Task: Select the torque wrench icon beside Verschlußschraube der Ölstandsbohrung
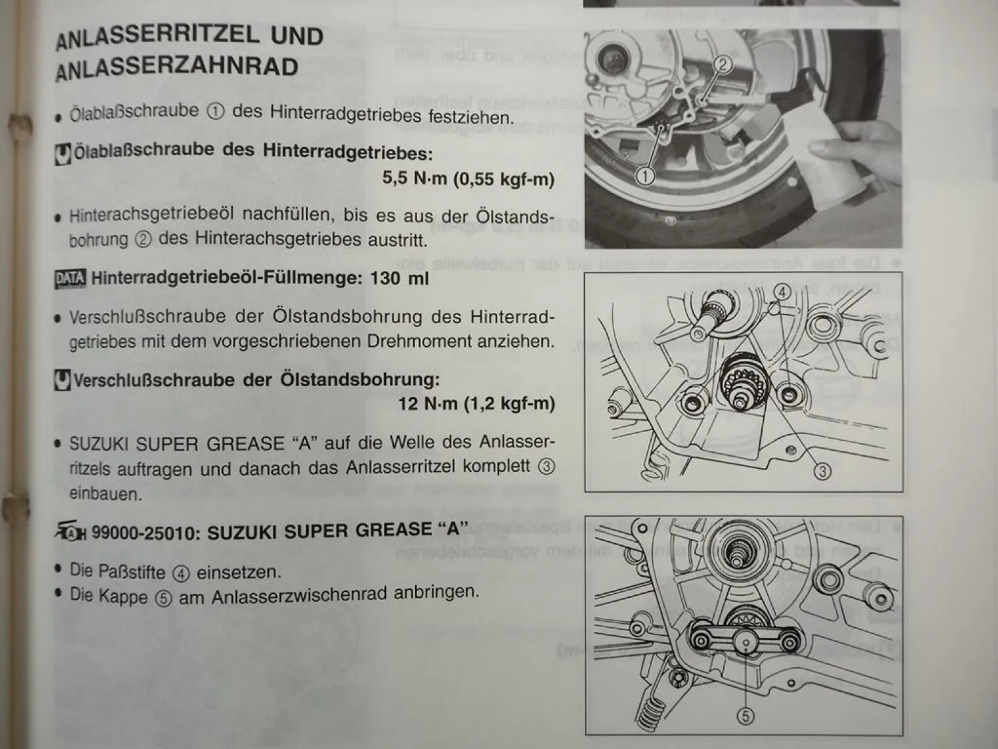[63, 380]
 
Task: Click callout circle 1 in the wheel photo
[645, 176]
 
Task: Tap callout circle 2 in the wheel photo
[723, 65]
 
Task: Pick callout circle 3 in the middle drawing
[822, 471]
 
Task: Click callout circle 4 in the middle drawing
[782, 292]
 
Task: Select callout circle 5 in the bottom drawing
[745, 716]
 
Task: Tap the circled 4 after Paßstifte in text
[180, 573]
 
